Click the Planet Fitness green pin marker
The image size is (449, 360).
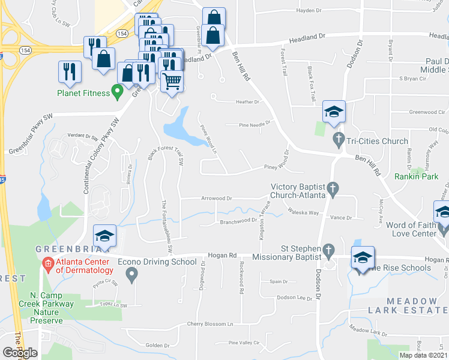[118, 92]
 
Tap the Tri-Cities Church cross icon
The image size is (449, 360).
[338, 140]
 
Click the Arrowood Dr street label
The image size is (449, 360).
[217, 197]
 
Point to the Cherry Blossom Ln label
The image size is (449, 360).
[209, 324]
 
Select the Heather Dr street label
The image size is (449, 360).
[247, 102]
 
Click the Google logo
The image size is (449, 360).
[20, 352]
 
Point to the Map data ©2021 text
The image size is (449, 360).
[423, 355]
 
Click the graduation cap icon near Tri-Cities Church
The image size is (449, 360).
[333, 112]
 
